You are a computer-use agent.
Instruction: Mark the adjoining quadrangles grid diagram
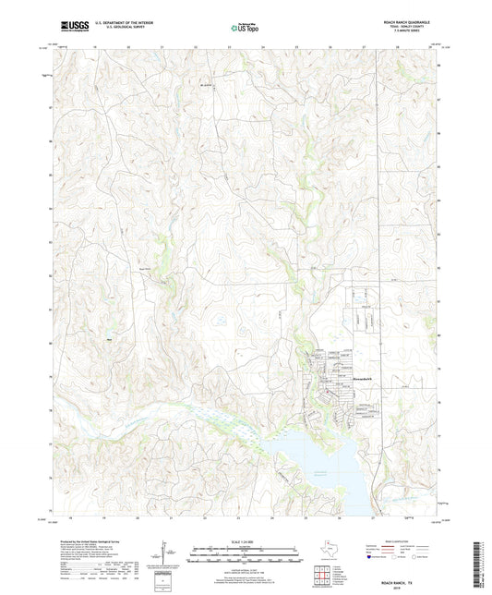pos(325,577)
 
